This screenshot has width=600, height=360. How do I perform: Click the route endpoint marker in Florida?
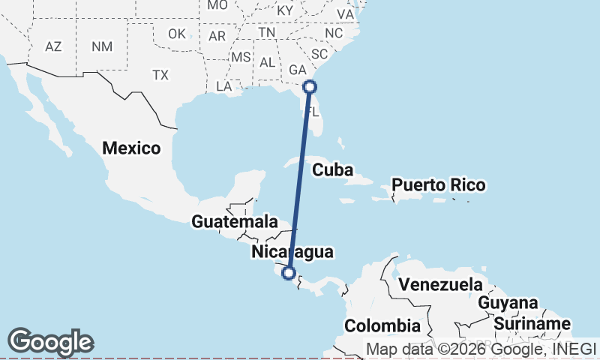pos(310,86)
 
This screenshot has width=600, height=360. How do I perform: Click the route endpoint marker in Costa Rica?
pos(289,273)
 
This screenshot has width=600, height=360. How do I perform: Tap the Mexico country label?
pos(132,148)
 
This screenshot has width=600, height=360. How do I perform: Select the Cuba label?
pos(332,170)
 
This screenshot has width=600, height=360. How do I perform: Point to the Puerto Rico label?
pos(439,184)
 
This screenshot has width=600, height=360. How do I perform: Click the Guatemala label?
pos(229,222)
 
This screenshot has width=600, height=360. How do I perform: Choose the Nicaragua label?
pos(292,251)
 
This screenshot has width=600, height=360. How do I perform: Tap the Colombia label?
pos(382,325)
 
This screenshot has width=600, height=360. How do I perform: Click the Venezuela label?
pos(439,285)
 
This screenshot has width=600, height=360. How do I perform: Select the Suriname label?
pos(532,324)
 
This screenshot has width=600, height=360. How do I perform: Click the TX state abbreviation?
pos(160,75)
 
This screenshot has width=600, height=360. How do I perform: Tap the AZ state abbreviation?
pos(53,46)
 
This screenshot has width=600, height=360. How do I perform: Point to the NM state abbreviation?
pos(101,46)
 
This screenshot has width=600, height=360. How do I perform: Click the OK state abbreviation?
pos(176,34)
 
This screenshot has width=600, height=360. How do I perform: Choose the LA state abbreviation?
pos(224,86)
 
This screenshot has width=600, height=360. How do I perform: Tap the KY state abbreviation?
pos(285,11)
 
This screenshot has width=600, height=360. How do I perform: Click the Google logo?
pos(50,342)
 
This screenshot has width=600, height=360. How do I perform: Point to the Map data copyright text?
pos(480,349)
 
